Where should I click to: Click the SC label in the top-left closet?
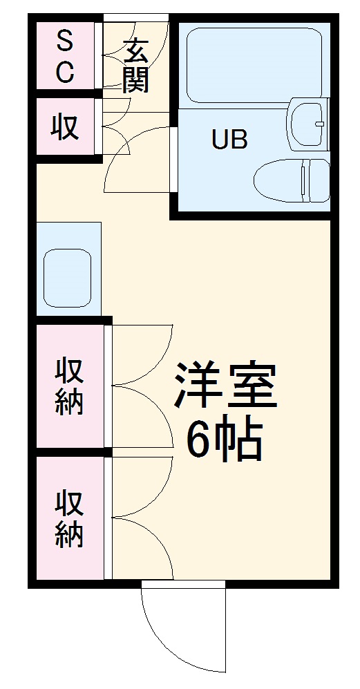tap(64, 57)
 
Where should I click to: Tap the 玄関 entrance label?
tap(136, 66)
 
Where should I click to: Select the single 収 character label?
tap(65, 127)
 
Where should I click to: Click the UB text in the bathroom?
tap(229, 140)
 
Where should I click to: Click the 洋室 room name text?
tap(225, 387)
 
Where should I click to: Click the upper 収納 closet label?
tap(70, 386)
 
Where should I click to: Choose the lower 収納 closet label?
tap(70, 518)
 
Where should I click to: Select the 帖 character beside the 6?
tap(241, 439)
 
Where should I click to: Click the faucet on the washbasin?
tap(319, 125)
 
